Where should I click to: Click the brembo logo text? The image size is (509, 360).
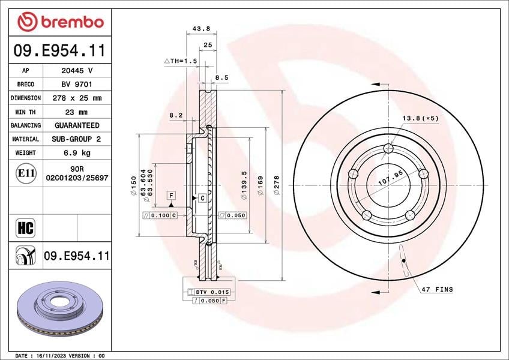pyautogui.click(x=73, y=22)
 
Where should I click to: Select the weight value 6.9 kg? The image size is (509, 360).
pyautogui.click(x=77, y=152)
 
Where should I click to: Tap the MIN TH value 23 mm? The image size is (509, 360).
pyautogui.click(x=76, y=112)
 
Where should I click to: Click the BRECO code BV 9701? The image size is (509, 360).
pyautogui.click(x=77, y=84)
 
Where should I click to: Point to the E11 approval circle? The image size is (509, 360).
pyautogui.click(x=26, y=173)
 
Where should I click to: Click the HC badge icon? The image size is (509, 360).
pyautogui.click(x=25, y=227)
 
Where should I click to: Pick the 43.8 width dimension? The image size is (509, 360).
pyautogui.click(x=201, y=29)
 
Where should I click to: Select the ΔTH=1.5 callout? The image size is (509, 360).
pyautogui.click(x=181, y=61)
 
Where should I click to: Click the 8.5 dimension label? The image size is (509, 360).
pyautogui.click(x=222, y=77)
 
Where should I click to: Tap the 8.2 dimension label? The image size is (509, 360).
pyautogui.click(x=176, y=115)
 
